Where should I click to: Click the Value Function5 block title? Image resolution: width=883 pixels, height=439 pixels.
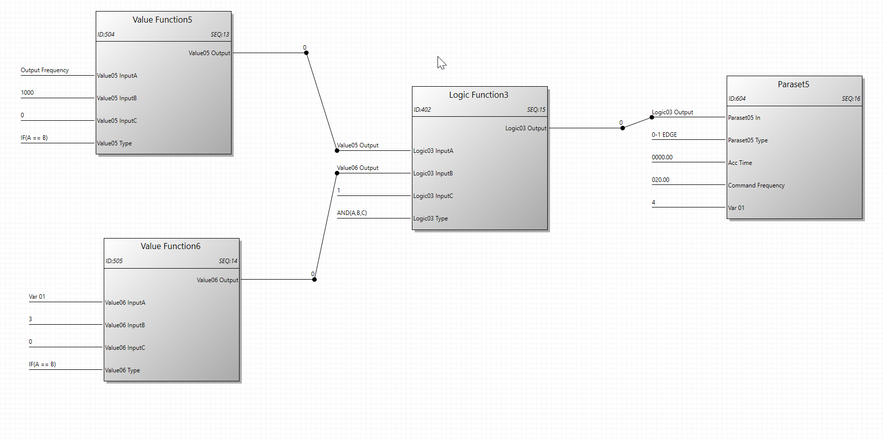(x=162, y=20)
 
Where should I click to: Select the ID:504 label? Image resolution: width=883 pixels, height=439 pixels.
(x=106, y=35)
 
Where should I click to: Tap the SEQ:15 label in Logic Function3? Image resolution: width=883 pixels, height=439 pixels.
(x=536, y=110)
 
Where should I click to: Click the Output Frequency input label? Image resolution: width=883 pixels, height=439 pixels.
(x=45, y=70)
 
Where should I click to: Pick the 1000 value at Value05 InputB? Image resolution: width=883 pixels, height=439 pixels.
(x=27, y=93)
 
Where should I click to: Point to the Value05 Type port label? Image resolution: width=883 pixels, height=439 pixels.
(x=114, y=143)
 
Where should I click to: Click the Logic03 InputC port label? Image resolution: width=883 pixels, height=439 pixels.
(x=433, y=196)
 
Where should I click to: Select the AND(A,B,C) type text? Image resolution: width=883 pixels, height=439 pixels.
(x=352, y=213)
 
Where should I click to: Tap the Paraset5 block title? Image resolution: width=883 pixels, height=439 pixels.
(x=793, y=84)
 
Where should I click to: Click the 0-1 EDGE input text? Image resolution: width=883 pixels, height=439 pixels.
(x=664, y=135)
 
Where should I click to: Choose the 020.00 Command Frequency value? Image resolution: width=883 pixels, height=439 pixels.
(x=660, y=180)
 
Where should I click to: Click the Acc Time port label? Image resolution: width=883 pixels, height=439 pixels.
(x=740, y=163)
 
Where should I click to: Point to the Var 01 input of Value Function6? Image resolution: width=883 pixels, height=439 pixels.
(x=37, y=297)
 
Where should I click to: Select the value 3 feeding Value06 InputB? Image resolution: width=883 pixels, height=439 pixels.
(x=31, y=319)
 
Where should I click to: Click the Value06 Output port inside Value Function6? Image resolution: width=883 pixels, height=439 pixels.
(x=217, y=280)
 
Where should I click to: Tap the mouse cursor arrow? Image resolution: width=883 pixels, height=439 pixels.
(x=441, y=62)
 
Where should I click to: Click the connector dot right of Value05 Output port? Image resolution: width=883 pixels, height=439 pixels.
(x=306, y=53)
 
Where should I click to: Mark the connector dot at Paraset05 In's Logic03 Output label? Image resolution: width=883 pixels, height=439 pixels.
(x=651, y=117)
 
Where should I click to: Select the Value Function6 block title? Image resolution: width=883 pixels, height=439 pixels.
(x=170, y=246)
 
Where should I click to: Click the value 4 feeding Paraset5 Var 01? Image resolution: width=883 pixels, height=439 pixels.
(x=653, y=202)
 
